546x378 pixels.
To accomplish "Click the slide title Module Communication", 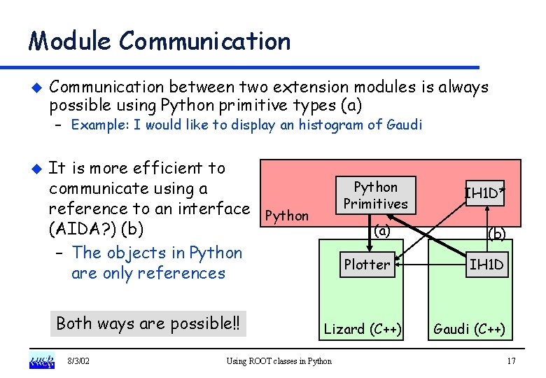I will (x=159, y=41).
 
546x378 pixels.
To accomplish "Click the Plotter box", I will (x=366, y=265).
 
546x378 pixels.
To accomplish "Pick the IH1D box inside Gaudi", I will (x=487, y=265).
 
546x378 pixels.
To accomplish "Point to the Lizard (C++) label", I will (x=363, y=329).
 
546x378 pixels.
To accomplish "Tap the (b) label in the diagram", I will (x=496, y=234).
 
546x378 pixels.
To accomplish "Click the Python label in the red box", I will (x=288, y=216).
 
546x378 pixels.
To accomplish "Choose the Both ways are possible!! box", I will (x=148, y=323).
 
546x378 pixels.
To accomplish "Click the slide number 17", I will (x=510, y=361).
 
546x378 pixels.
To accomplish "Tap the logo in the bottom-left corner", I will (x=41, y=361).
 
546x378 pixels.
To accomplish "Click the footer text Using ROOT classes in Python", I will (x=279, y=361).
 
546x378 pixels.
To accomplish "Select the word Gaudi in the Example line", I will (x=405, y=125).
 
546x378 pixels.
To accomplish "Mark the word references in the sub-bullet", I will (x=183, y=273).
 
